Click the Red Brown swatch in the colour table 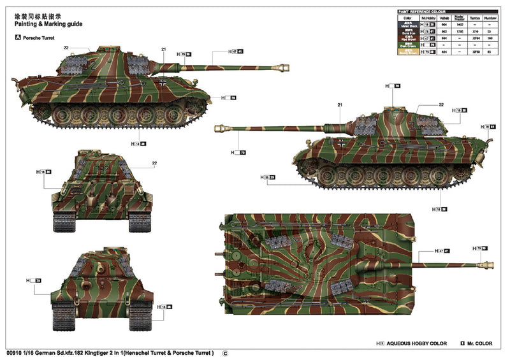(x=405, y=38)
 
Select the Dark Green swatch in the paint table (x=405, y=45)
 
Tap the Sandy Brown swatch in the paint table (x=405, y=52)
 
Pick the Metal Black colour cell (x=405, y=24)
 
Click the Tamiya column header (x=474, y=18)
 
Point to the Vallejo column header (x=444, y=18)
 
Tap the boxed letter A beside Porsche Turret (x=17, y=38)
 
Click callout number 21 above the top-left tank (x=163, y=49)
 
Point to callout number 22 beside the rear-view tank (x=154, y=163)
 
